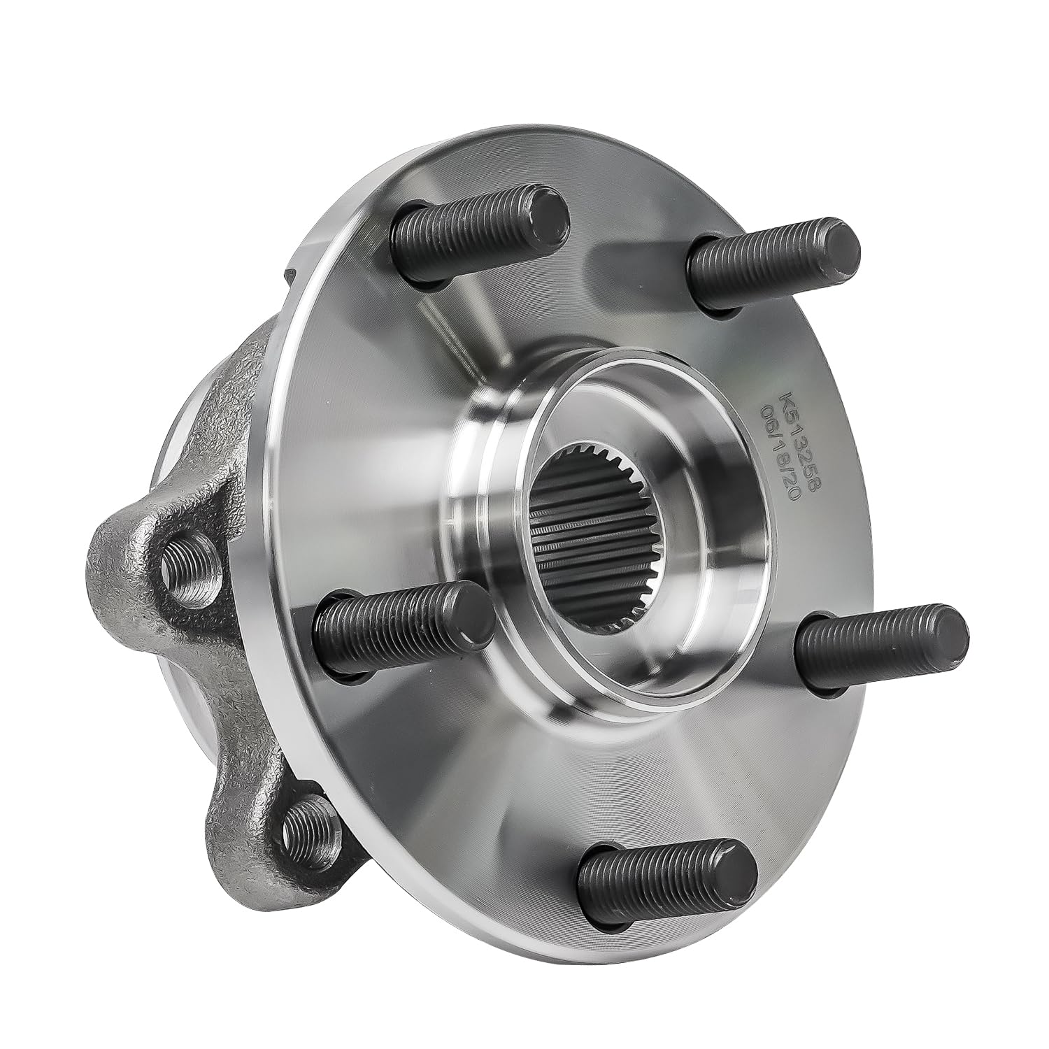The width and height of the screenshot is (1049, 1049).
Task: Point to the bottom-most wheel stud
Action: click(x=668, y=874)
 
